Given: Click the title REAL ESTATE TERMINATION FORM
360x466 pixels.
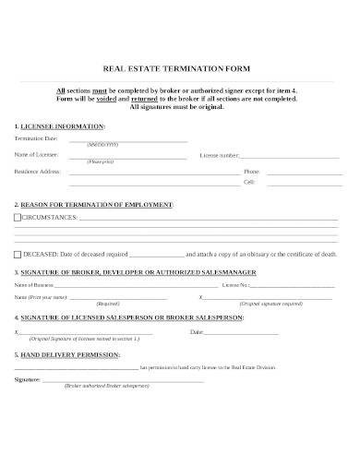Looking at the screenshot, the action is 180,69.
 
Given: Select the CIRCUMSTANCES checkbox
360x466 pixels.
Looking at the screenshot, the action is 18,217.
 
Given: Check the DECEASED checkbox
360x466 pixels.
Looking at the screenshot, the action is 18,253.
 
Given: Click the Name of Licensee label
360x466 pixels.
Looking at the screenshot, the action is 36,155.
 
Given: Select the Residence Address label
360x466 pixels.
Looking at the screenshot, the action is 38,172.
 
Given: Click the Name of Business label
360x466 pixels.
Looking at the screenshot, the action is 34,286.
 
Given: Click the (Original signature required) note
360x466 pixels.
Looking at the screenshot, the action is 270,304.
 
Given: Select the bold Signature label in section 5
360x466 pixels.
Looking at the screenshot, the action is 28,378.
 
